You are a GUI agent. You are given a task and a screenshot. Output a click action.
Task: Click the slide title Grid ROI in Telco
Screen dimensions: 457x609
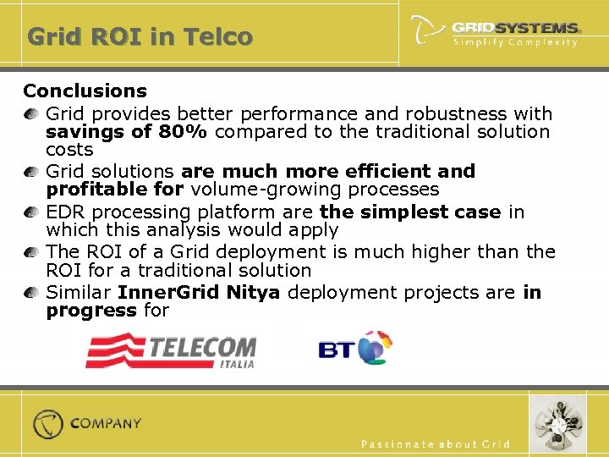pos(140,37)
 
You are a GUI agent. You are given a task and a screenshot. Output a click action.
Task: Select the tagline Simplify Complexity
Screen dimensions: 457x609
pos(515,42)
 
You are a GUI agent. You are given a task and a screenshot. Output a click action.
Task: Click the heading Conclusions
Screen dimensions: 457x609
pos(85,91)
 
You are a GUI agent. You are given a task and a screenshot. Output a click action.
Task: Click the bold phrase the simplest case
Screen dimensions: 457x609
pos(410,212)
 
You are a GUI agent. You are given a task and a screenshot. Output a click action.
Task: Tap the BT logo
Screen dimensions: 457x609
pos(355,348)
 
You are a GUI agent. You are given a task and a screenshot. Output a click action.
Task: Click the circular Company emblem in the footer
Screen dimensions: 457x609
pos(48,423)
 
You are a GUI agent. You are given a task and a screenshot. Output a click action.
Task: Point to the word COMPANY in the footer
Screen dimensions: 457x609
pos(106,423)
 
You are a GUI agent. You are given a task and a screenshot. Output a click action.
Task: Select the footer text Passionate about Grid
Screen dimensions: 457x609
pos(436,444)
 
